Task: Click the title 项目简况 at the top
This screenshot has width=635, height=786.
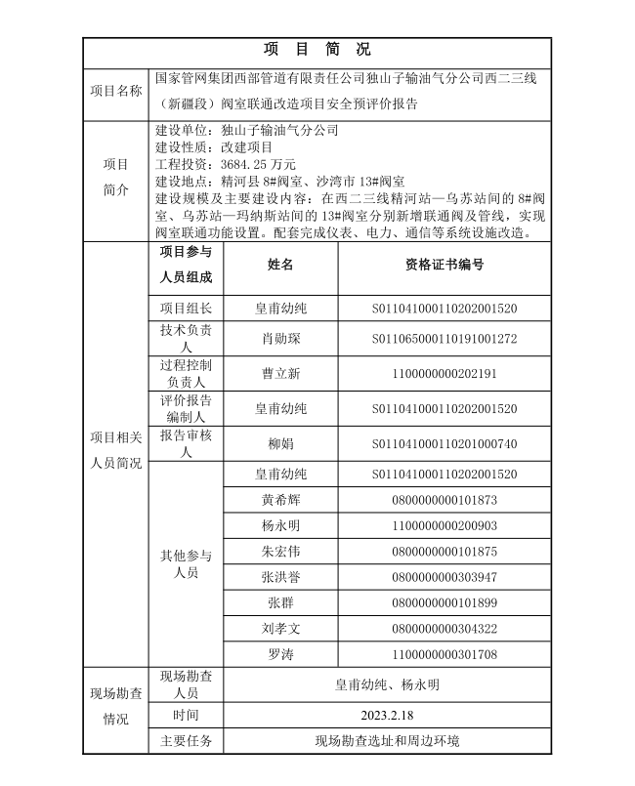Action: coord(317,49)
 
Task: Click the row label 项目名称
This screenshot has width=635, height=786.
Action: coord(116,90)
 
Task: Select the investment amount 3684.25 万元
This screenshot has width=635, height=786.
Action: coord(258,164)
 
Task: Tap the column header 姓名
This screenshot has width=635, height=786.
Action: coord(280,265)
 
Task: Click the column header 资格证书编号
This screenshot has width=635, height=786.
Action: coord(444,265)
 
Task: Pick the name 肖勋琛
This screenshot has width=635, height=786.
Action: coord(280,339)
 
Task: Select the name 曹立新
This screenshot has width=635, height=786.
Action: coord(280,373)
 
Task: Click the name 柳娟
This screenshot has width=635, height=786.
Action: coord(280,443)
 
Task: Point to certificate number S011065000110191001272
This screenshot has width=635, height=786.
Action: coord(444,339)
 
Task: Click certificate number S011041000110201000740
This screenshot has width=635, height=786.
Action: coord(444,443)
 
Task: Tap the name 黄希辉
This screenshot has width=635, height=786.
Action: coord(280,500)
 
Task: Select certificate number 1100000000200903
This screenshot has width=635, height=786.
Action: coord(444,525)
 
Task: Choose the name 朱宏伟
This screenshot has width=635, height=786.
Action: coord(280,552)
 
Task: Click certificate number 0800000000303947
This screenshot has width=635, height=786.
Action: coord(444,577)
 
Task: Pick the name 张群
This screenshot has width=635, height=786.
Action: coord(280,602)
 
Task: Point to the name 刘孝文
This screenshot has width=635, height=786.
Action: coord(280,628)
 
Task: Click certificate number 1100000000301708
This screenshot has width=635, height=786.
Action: coord(444,653)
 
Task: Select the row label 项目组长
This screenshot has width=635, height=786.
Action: coord(186,309)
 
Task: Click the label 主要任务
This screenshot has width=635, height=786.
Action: coord(186,740)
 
